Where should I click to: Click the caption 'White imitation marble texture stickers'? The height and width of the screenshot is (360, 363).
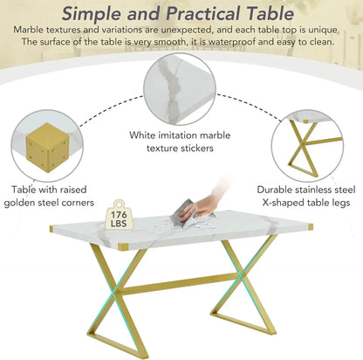tap(181, 142)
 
